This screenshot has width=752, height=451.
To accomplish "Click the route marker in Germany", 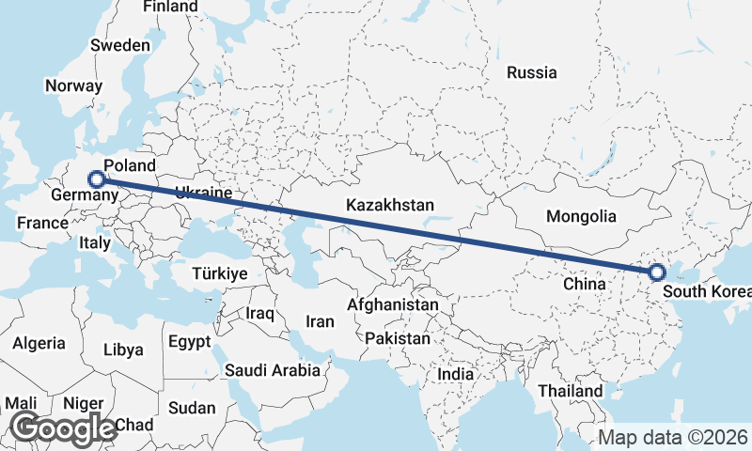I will tap(96, 178).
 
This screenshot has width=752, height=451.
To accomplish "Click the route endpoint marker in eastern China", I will tap(656, 272).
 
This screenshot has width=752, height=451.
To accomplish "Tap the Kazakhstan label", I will tap(389, 205).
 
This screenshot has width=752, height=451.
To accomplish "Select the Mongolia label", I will tap(581, 216).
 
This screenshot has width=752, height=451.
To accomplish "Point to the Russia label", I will tap(531, 72).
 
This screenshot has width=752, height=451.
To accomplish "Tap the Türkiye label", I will tap(218, 273).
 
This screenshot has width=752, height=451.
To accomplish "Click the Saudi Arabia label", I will tap(272, 370).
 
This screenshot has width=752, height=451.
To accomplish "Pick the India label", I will tap(456, 374).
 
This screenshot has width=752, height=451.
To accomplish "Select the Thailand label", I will tap(571, 390).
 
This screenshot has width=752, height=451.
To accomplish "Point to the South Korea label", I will tap(707, 291).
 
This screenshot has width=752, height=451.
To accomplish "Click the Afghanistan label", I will tap(392, 305).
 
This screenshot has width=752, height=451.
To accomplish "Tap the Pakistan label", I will tap(399, 338).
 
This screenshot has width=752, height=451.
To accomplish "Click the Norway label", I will tap(73, 86).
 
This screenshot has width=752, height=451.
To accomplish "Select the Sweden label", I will tap(119, 45).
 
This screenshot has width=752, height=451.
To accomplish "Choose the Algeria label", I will tap(39, 343).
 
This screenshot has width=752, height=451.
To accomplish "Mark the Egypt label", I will tap(190, 341).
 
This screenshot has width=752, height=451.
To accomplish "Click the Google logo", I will tap(63, 428).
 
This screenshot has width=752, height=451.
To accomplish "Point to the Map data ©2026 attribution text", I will tap(673, 437).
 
